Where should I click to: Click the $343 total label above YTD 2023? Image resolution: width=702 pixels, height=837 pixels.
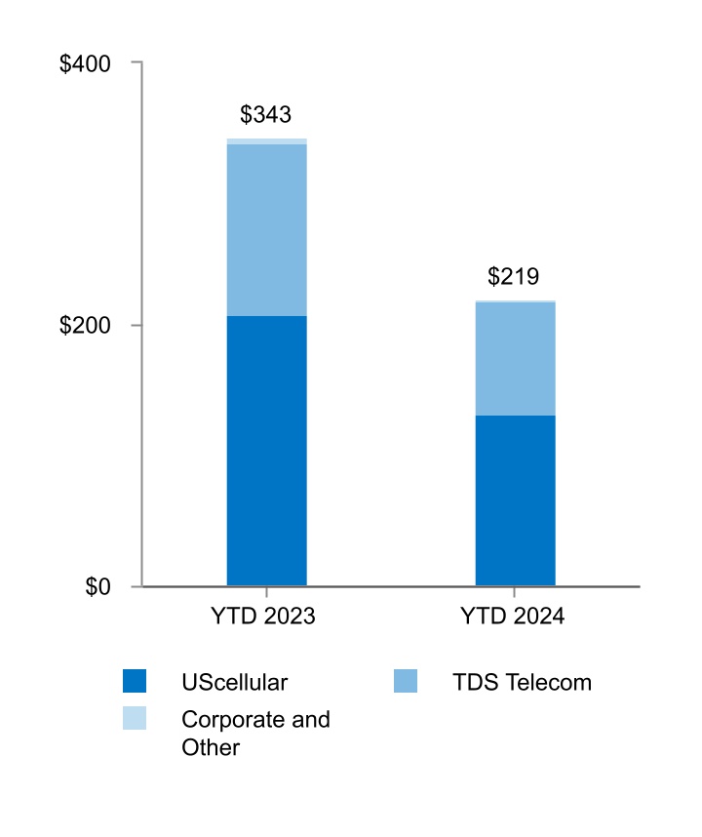pos(265,115)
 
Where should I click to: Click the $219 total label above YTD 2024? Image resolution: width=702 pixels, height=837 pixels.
pos(513,277)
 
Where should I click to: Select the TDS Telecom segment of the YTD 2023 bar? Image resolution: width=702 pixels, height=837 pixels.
pos(266,229)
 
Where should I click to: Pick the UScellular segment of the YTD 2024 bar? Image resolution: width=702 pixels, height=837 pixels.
pos(515,500)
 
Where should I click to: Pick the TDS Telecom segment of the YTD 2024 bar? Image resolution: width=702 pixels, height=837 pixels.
pos(515,358)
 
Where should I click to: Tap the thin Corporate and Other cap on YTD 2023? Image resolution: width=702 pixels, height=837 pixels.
pos(266,141)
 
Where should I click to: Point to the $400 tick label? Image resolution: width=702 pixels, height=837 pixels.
pos(85,63)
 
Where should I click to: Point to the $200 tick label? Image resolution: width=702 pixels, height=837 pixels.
pos(85,325)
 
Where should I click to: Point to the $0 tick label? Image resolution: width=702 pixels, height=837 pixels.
pos(97,587)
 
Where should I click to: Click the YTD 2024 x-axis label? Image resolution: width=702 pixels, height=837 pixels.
pos(513,617)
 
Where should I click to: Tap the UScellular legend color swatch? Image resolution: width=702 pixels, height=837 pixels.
pos(135,681)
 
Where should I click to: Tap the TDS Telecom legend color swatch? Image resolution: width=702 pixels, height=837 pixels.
pos(406,681)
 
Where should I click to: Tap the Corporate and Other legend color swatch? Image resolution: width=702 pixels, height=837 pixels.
pos(135,719)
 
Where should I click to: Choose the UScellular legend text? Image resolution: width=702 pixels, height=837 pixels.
pos(235,682)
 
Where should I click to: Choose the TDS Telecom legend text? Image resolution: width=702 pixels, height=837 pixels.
pos(522,682)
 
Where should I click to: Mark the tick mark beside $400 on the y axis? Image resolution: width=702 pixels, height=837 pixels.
pos(136,62)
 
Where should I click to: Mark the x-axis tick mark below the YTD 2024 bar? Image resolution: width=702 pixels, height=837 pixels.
pos(515,591)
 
